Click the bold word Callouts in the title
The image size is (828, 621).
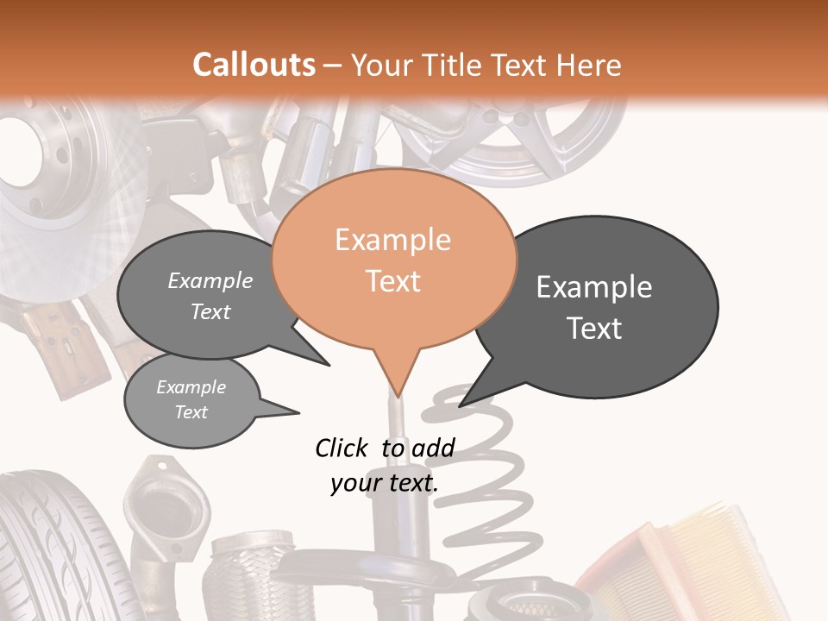pyautogui.click(x=254, y=65)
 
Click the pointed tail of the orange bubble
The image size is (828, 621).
pyautogui.click(x=397, y=379)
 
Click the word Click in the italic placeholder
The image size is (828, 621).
pyautogui.click(x=342, y=448)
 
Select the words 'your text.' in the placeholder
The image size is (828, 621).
pyautogui.click(x=385, y=483)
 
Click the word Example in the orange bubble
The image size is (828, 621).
pyautogui.click(x=393, y=240)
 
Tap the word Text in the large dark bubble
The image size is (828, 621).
pyautogui.click(x=594, y=329)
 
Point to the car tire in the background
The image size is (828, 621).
pyautogui.click(x=52, y=552)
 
